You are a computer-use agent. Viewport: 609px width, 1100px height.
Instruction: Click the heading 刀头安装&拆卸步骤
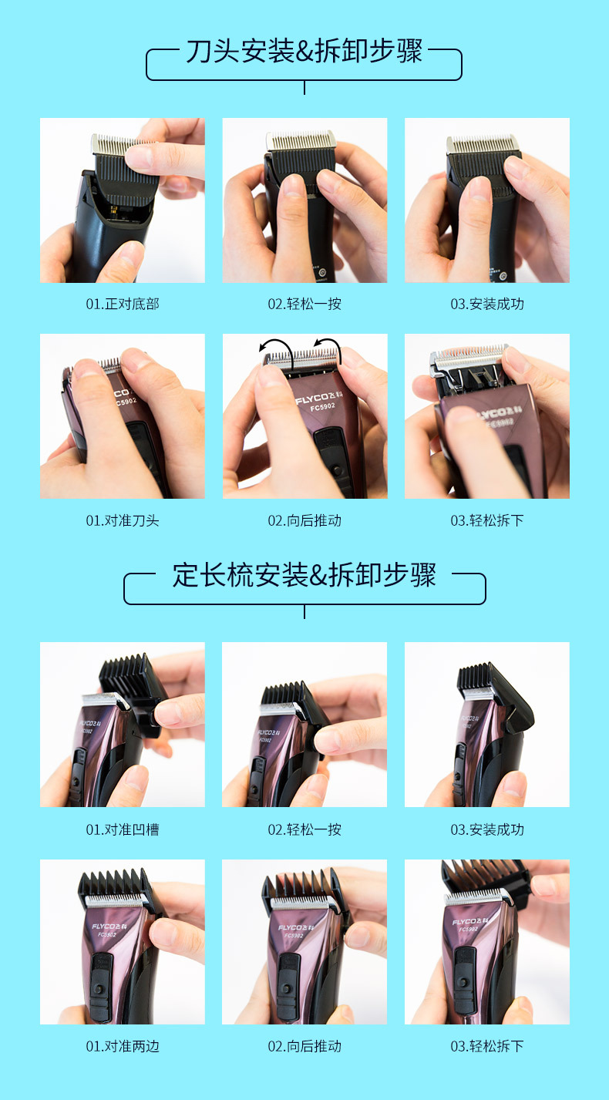pyautogui.click(x=304, y=52)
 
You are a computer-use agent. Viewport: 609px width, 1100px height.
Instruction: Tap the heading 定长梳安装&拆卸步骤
pyautogui.click(x=304, y=576)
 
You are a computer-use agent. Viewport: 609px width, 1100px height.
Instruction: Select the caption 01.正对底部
pyautogui.click(x=122, y=304)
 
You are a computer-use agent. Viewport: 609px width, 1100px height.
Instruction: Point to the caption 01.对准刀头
pyautogui.click(x=122, y=520)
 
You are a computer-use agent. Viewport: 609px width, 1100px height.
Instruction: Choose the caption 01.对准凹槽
pyautogui.click(x=122, y=829)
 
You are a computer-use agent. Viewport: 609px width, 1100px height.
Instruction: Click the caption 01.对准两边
pyautogui.click(x=122, y=1046)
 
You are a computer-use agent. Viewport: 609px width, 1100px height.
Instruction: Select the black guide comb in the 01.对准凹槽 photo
pyautogui.click(x=128, y=678)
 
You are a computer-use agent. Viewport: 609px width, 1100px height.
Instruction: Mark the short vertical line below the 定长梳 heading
pyautogui.click(x=304, y=611)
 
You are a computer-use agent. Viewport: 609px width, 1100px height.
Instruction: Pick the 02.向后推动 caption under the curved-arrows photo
pyautogui.click(x=304, y=520)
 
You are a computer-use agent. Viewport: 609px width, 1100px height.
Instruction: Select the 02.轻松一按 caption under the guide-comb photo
pyautogui.click(x=304, y=829)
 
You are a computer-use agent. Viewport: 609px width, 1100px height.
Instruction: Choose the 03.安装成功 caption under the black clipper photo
pyautogui.click(x=487, y=304)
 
